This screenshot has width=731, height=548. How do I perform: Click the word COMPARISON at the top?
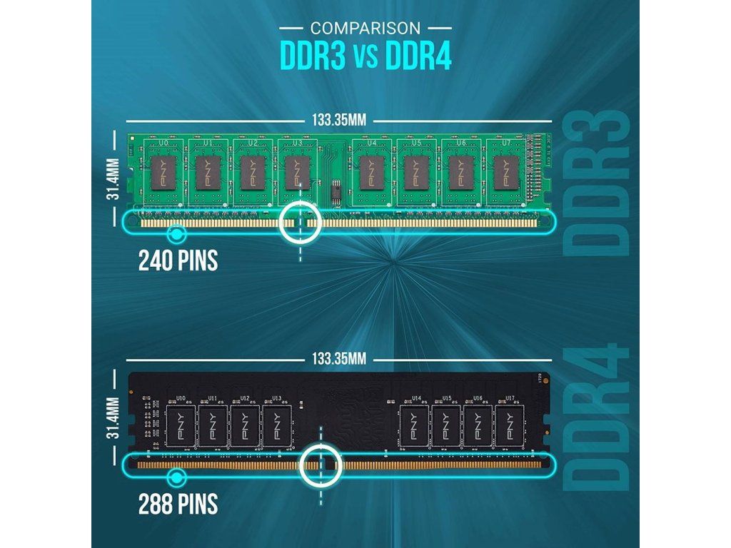click(x=365, y=29)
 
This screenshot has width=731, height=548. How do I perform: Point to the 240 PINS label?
click(x=178, y=260)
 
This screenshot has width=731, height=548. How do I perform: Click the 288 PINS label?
click(x=178, y=504)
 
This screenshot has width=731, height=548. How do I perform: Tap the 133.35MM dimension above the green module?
click(x=338, y=120)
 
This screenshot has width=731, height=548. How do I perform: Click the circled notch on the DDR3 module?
click(x=300, y=223)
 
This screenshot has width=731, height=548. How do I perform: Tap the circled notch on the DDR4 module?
click(x=321, y=465)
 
